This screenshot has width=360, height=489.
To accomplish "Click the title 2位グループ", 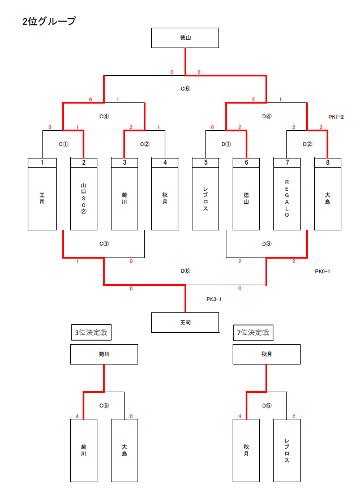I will (x=49, y=22).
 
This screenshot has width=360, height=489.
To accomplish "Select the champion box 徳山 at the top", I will (x=185, y=38).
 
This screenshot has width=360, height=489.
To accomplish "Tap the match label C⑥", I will (x=185, y=88).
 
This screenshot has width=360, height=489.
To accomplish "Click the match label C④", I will (x=104, y=117).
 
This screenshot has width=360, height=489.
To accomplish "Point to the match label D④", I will (x=267, y=117).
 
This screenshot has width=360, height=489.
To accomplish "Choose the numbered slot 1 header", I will (x=42, y=163).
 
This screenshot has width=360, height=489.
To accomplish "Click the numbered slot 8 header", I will (x=328, y=163).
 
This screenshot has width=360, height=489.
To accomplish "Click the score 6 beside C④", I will (x=91, y=100).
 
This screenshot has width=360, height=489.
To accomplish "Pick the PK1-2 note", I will (x=336, y=117).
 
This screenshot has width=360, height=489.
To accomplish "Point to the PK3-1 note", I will (x=214, y=299).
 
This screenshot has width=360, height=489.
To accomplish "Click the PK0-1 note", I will (x=323, y=271).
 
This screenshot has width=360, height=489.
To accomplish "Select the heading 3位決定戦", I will (x=91, y=333).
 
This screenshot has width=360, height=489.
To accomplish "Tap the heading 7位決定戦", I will (x=253, y=333).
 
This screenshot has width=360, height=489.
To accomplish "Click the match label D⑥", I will (x=185, y=271).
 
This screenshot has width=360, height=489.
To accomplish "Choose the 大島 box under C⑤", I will (x=124, y=450).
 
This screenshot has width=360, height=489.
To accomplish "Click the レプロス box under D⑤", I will (x=287, y=450).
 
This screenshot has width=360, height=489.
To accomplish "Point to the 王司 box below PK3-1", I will (x=185, y=322).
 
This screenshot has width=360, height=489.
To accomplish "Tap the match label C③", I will (x=104, y=244).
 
